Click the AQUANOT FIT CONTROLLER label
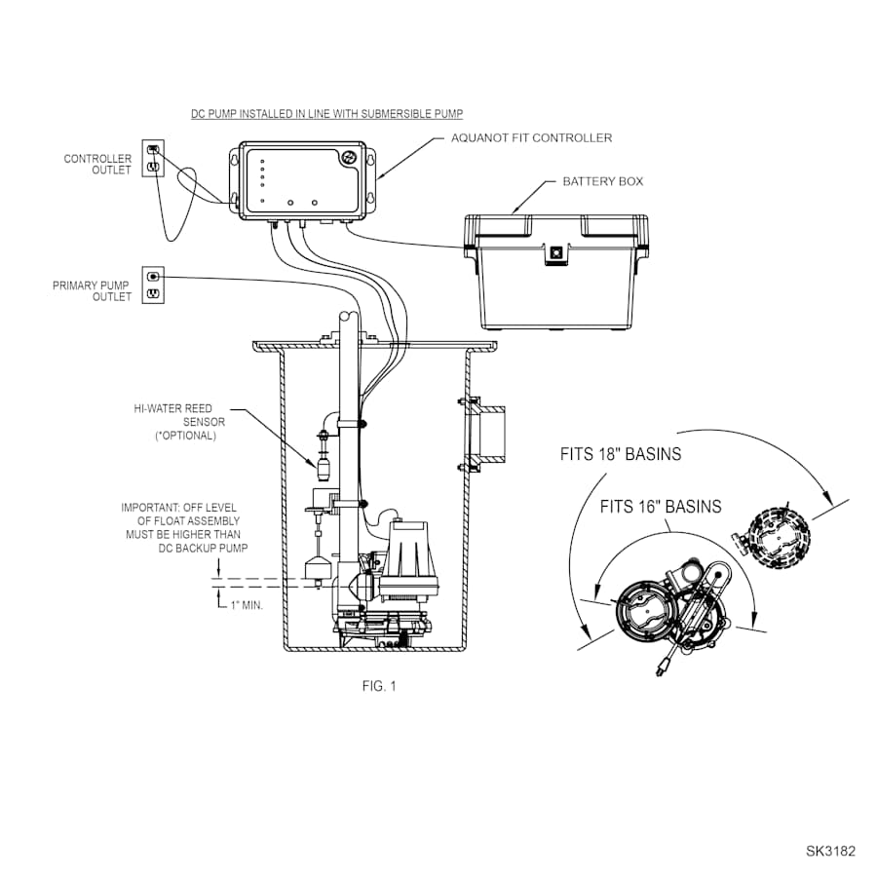tap(531, 138)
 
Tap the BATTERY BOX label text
tap(602, 182)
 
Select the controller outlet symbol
tap(153, 158)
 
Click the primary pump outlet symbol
tap(153, 285)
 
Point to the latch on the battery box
tap(555, 251)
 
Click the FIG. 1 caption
tap(379, 686)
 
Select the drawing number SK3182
tap(830, 851)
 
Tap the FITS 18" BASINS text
tap(621, 454)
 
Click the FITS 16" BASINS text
tap(661, 507)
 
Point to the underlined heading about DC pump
tap(326, 114)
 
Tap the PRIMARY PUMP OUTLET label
tap(92, 290)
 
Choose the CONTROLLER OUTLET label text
tap(97, 164)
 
